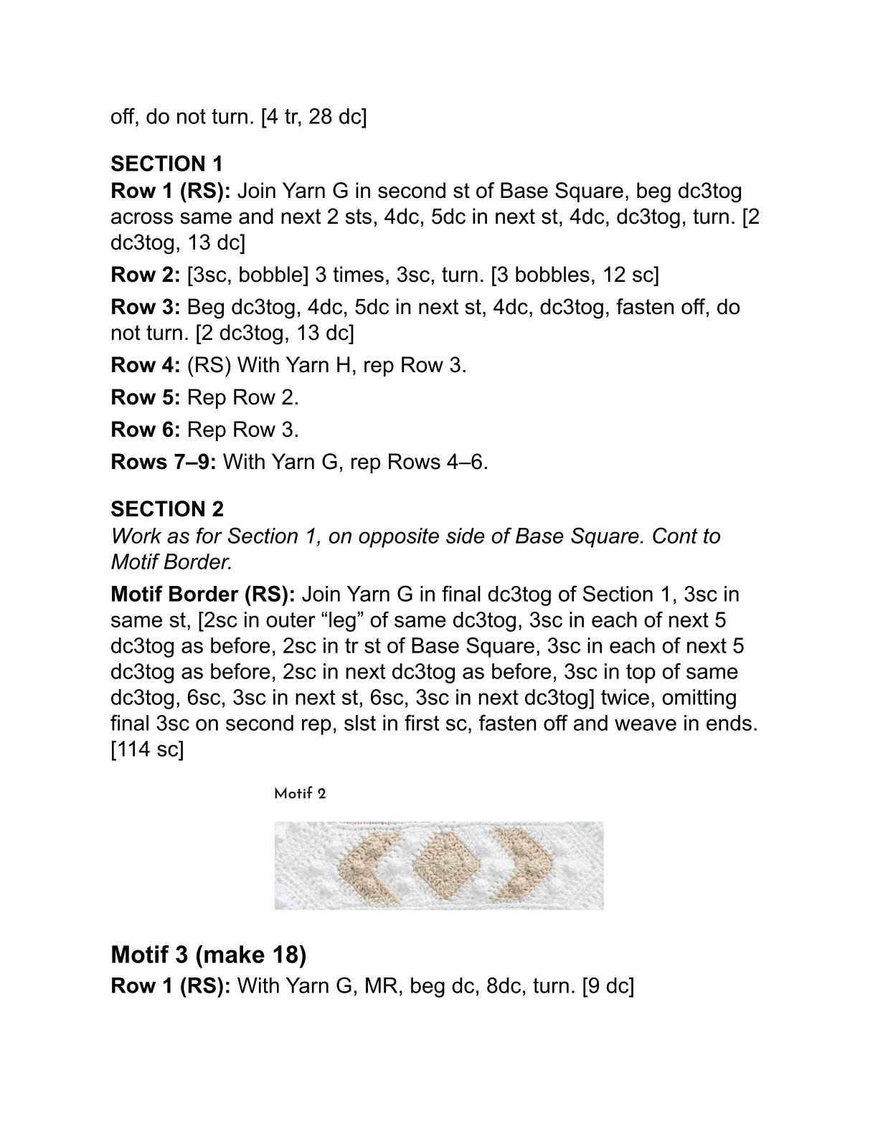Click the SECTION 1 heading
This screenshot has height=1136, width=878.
click(166, 164)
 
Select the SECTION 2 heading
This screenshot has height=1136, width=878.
click(166, 509)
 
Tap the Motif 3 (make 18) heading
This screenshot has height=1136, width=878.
click(208, 955)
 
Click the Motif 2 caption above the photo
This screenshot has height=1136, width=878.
click(300, 794)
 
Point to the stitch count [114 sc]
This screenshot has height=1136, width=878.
click(147, 749)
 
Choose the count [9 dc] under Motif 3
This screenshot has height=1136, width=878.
click(608, 986)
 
